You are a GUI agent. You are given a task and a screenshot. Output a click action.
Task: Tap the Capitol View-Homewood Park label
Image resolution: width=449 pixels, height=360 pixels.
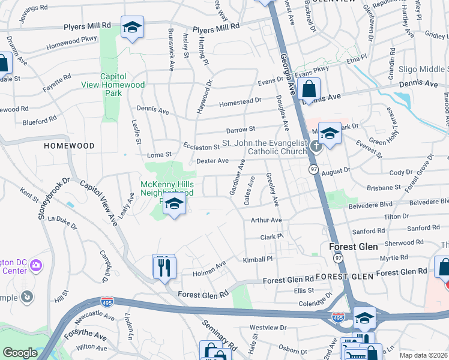113,85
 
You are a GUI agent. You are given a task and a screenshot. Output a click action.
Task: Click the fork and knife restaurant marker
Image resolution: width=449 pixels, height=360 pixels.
164,266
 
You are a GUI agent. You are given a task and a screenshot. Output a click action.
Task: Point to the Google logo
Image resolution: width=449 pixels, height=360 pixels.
20,353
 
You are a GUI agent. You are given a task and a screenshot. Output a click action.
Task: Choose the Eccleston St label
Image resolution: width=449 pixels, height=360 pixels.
202,147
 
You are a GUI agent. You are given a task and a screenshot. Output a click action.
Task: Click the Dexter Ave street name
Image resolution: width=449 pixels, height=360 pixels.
212,161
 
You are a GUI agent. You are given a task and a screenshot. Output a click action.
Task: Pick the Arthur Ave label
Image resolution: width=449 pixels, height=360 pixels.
266,220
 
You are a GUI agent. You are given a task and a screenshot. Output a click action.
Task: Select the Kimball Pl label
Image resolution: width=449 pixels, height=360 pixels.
258,259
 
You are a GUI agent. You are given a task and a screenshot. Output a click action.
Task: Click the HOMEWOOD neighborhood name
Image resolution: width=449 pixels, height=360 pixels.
69,146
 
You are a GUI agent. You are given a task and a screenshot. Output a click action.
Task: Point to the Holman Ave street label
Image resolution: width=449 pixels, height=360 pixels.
209,272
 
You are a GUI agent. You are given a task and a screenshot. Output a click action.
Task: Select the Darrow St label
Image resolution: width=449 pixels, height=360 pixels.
241,129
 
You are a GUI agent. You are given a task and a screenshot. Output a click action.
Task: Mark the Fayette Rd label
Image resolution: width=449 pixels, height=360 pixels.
57,83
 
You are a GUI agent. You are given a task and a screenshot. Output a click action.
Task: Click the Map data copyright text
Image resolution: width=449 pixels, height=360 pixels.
423,355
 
